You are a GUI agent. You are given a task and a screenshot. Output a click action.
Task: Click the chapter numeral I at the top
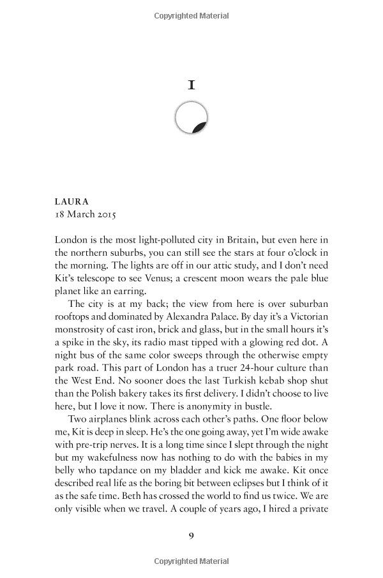(x=191, y=85)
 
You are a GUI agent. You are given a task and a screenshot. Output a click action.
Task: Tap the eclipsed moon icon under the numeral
(x=191, y=118)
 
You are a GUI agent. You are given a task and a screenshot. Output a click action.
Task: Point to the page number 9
(x=191, y=535)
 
